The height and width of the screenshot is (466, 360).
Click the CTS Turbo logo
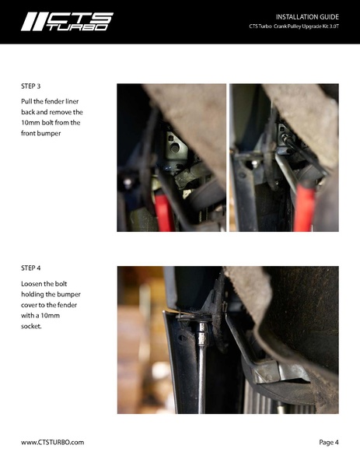(67, 22)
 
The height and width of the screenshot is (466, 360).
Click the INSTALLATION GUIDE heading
(307, 17)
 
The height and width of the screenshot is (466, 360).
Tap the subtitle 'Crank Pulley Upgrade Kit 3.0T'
(306, 26)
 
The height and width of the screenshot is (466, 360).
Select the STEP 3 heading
(30, 86)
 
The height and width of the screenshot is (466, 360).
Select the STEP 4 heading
(30, 268)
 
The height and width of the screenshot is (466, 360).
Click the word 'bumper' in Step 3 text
(49, 134)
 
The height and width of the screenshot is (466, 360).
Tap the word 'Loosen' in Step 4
(31, 284)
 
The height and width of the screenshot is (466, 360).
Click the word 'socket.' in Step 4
(31, 326)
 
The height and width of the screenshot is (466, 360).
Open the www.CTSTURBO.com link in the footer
(53, 442)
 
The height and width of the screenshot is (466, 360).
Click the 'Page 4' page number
(329, 442)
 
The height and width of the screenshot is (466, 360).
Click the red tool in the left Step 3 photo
(164, 212)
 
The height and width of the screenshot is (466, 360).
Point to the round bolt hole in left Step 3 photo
(175, 148)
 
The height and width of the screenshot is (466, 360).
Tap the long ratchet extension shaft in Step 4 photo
(201, 380)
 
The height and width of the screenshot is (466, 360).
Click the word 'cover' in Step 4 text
(29, 305)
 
